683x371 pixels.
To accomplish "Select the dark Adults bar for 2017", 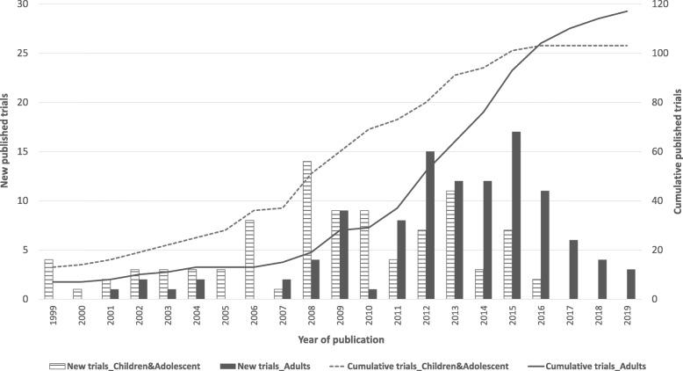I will [x=574, y=269].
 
